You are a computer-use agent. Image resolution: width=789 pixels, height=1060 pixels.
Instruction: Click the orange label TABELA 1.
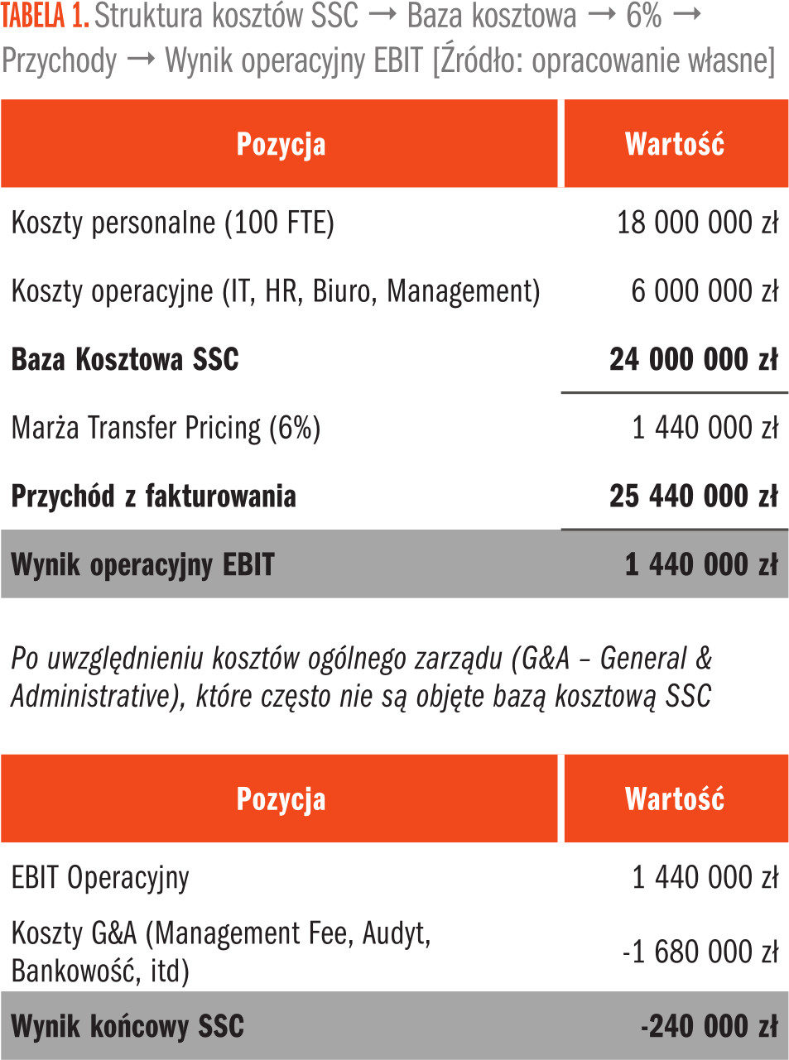[45, 16]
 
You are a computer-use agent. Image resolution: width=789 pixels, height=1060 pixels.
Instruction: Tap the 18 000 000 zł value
[697, 223]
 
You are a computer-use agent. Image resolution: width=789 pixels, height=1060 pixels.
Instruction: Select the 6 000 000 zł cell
[705, 291]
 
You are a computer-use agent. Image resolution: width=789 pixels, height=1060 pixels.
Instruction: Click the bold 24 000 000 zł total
[694, 360]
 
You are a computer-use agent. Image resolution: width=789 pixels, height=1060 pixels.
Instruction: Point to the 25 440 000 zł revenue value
[694, 496]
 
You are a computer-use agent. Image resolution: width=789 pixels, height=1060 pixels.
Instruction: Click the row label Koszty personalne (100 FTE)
[172, 223]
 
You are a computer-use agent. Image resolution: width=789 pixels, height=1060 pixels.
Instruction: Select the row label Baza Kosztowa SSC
[125, 360]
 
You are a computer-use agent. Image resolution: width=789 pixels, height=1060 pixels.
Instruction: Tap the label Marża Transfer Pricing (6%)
[166, 428]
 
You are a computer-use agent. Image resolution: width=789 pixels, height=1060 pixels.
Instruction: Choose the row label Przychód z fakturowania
[153, 496]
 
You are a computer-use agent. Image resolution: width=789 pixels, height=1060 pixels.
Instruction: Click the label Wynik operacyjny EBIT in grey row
[142, 565]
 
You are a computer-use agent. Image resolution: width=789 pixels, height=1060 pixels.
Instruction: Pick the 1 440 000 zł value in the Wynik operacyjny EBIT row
[701, 565]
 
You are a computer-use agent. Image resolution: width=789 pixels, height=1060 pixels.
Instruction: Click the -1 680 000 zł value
[700, 952]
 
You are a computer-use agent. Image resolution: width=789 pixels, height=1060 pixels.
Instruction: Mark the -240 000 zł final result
[709, 1027]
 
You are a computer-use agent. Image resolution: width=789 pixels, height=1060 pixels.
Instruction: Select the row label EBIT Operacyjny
[100, 877]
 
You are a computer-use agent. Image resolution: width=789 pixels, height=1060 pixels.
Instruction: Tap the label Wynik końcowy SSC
[127, 1027]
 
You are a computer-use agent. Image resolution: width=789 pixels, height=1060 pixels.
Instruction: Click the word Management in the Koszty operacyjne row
[463, 291]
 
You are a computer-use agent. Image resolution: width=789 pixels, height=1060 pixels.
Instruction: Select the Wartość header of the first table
[675, 144]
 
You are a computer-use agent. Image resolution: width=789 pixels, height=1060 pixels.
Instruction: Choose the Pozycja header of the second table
[281, 799]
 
